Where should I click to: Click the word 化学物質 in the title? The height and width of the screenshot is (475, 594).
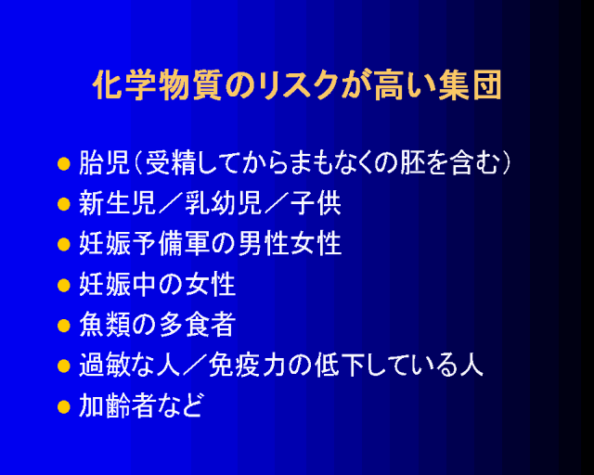tap(158, 84)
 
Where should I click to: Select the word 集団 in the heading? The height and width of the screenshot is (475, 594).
tap(471, 84)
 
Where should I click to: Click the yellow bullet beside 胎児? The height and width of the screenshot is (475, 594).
tap(64, 164)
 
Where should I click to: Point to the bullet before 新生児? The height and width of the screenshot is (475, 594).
tap(64, 204)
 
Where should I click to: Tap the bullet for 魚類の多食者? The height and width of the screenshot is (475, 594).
tap(64, 326)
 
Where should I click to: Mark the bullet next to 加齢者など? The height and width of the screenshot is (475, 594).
tap(64, 407)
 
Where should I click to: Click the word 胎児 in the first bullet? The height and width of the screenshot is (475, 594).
tap(105, 163)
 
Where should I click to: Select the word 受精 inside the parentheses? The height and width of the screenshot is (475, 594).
tap(171, 163)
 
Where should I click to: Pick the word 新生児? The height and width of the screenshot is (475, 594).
tap(117, 204)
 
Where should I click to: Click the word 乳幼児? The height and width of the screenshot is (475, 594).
tap(223, 204)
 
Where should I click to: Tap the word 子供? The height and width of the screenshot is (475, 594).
tap(316, 204)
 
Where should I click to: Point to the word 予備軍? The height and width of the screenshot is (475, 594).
tap(170, 244)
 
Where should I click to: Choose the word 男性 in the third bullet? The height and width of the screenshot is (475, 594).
tap(263, 244)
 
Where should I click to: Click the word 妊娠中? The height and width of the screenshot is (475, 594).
tap(117, 285)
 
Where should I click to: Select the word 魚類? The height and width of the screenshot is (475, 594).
tap(105, 325)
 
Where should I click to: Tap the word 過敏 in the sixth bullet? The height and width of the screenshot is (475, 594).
tap(105, 366)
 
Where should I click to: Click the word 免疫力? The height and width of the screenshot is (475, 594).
tap(247, 366)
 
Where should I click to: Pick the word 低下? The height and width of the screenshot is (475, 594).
tap(341, 366)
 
